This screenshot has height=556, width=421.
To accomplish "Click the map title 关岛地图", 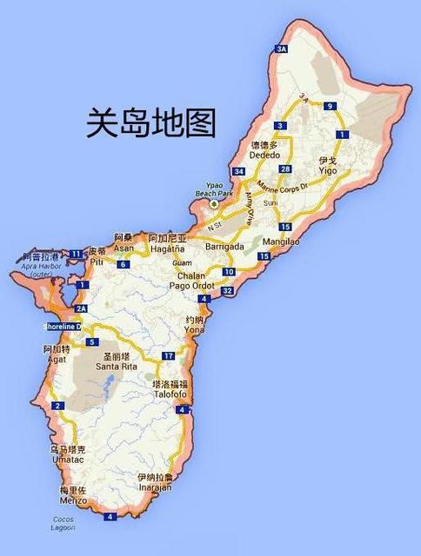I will pos(150,123).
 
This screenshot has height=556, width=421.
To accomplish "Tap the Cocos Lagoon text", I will pos(63,524).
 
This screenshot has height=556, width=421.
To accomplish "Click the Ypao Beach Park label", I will pos(214,192).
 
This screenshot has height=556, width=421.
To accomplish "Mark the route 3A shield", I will pos(281,50).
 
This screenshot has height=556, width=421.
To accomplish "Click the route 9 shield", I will pos(330,107).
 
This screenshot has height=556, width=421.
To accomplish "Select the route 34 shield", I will pos(239,171).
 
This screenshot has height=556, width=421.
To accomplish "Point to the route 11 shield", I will pos(77,254).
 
